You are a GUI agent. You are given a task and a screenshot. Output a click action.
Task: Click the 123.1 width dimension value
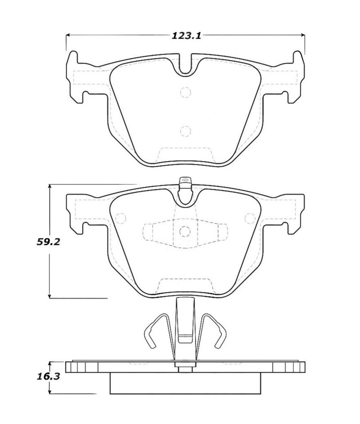pyautogui.click(x=185, y=36)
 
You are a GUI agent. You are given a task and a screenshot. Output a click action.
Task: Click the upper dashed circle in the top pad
pyautogui.click(x=185, y=92)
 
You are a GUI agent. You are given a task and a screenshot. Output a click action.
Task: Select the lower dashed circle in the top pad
pyautogui.click(x=185, y=131)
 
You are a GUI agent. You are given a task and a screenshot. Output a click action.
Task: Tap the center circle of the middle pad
pyautogui.click(x=185, y=231)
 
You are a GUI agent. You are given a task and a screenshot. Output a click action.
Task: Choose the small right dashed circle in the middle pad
pyautogui.click(x=249, y=219)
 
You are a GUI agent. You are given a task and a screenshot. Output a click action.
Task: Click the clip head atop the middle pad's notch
pyautogui.click(x=185, y=183)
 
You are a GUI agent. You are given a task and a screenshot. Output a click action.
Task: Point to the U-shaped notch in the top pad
pyautogui.click(x=185, y=65)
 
